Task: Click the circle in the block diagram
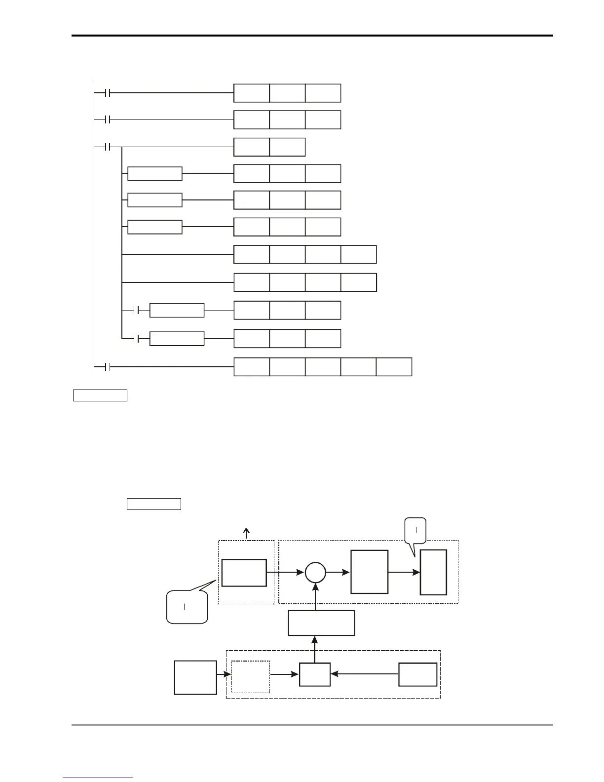coord(315,573)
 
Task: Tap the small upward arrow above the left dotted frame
coord(247,533)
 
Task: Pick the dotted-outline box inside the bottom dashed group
coord(251,677)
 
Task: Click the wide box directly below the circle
coord(321,623)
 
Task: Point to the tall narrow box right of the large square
coord(433,572)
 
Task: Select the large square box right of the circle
coord(369,572)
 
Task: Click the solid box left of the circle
coord(244,573)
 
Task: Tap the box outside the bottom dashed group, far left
coord(195,677)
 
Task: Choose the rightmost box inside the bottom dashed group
coord(417,674)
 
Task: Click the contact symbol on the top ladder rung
coord(108,93)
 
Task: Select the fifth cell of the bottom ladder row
coord(394,367)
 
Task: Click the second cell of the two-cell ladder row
coord(287,147)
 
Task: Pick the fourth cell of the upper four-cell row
coord(358,254)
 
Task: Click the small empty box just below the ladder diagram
coord(100,395)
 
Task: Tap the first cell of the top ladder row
coord(252,93)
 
